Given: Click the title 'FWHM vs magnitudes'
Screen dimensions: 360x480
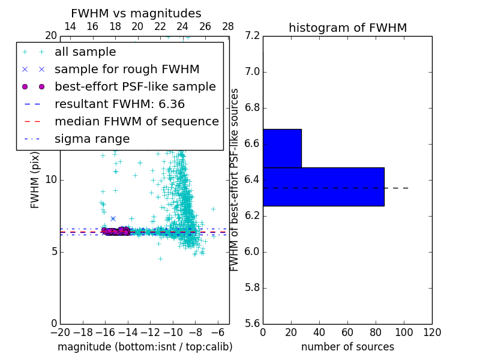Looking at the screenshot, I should [x=136, y=14].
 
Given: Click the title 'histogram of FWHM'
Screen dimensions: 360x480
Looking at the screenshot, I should [x=347, y=28].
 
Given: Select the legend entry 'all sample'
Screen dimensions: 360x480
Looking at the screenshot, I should [x=85, y=52].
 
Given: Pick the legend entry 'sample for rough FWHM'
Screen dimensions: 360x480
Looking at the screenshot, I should [x=127, y=70].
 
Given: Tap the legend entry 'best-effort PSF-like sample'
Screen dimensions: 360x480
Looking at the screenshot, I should [x=135, y=87].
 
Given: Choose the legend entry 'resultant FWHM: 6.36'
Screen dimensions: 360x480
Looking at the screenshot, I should [x=119, y=104].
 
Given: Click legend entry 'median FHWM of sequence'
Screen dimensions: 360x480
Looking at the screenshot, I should [x=136, y=122].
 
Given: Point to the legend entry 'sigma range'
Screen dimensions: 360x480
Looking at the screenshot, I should [x=92, y=139].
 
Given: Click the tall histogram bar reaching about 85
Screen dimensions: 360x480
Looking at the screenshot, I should [x=323, y=187].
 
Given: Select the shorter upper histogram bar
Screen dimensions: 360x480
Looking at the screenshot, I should [x=282, y=148].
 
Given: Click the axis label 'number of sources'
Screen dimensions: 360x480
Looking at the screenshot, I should [x=347, y=347].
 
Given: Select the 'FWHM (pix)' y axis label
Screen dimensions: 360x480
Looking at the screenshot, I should [x=35, y=180].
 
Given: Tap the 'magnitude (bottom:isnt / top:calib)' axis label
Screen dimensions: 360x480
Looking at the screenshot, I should [x=145, y=347].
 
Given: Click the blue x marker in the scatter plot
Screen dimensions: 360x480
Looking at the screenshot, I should [x=113, y=218].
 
